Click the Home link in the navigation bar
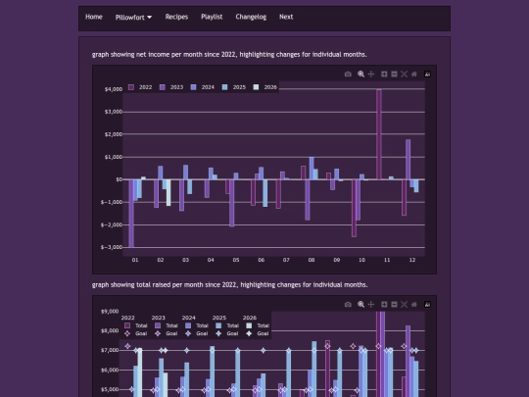(94, 17)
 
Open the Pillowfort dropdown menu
(133, 17)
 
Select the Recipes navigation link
(176, 17)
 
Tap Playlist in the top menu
(212, 17)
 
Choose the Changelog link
(251, 17)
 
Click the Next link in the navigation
(286, 17)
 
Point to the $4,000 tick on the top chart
(112, 89)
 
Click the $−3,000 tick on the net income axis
(111, 247)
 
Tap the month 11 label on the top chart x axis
(387, 260)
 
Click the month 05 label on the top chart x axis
(236, 260)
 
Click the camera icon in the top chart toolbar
(348, 74)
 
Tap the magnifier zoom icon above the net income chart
(361, 74)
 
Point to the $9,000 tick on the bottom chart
(110, 312)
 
